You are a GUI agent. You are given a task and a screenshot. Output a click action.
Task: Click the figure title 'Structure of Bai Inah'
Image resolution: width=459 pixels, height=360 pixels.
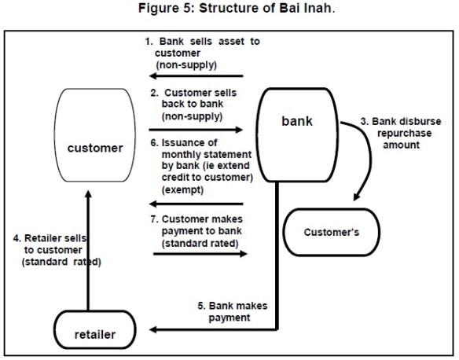point(229,9)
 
